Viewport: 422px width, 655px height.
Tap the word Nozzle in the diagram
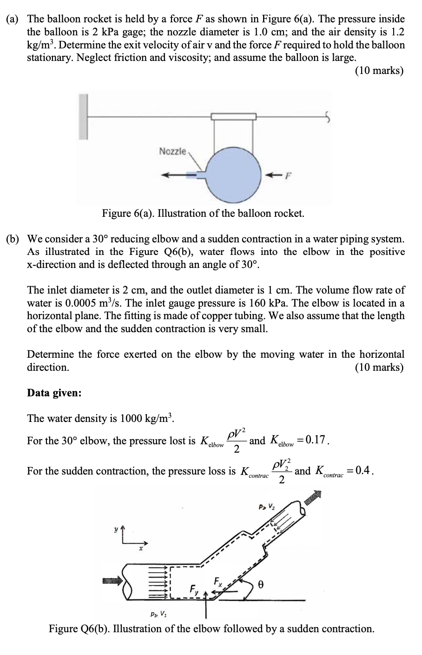click(172, 151)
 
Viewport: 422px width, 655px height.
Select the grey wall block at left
click(83, 117)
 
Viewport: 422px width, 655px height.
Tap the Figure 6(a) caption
click(203, 214)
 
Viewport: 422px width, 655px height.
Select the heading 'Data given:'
click(54, 393)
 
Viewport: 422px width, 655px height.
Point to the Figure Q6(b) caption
click(211, 629)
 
